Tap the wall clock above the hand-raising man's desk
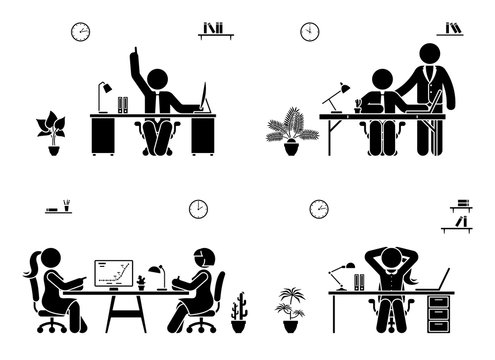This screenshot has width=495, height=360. [80, 32]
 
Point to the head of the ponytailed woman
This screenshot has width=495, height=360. [46, 261]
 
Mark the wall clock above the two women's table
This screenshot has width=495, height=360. [198, 209]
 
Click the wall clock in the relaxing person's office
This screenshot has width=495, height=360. [319, 209]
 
